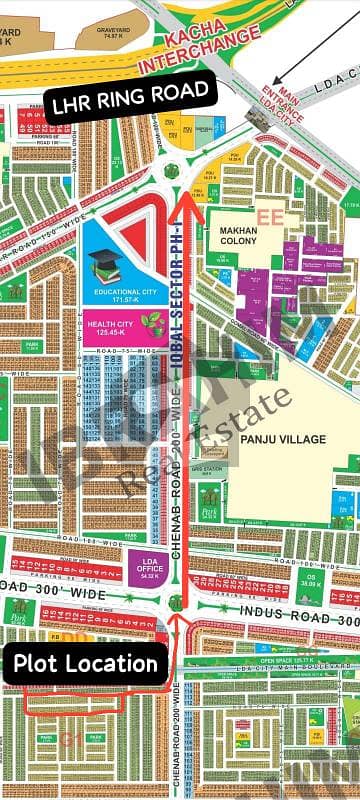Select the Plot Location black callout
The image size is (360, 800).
point(85,663)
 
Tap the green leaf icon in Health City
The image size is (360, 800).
point(153,321)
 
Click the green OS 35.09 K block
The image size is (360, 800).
point(312,577)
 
